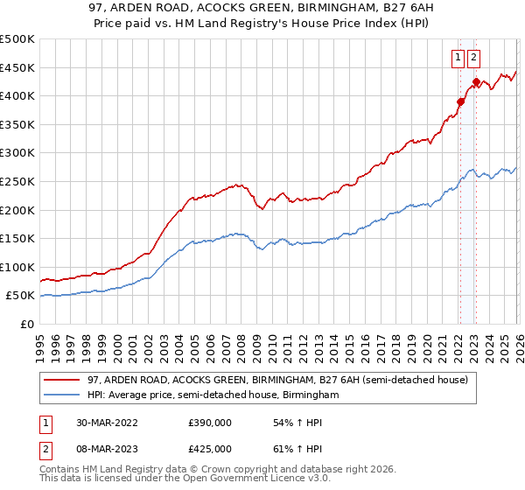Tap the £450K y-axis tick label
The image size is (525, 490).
click(17, 67)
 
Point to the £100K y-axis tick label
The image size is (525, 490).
click(17, 267)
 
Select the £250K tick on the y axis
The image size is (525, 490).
click(17, 181)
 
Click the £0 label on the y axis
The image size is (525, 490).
click(26, 324)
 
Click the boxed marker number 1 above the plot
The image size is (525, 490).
click(458, 59)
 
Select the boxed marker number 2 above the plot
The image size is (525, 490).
click(473, 59)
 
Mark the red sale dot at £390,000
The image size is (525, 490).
click(460, 101)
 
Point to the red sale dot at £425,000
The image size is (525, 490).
click(474, 82)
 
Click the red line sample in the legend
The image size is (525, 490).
click(63, 380)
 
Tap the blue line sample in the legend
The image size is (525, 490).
click(63, 395)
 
